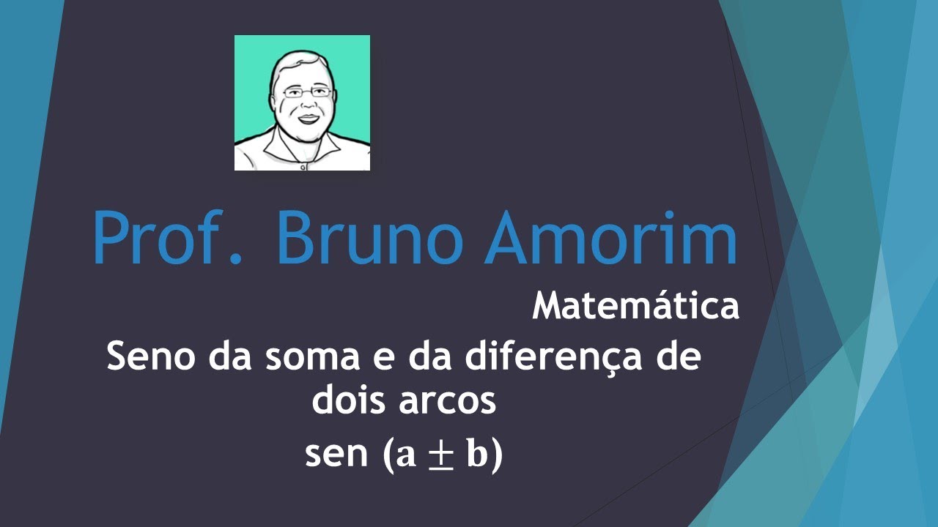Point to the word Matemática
coord(635,307)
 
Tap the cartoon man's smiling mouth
coord(307,118)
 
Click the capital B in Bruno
coord(300,239)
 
